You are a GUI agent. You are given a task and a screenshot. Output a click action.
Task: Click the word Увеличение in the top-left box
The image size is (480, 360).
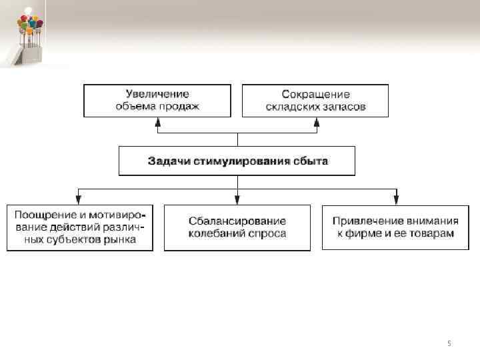[157, 94]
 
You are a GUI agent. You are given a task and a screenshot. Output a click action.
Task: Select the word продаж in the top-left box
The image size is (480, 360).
[180, 106]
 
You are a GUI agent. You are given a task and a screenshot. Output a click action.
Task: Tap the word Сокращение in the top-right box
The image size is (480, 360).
[315, 94]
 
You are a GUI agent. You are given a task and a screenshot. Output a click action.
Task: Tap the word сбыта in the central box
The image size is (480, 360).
[309, 161]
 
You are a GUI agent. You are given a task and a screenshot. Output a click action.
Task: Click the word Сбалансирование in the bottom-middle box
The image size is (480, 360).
[237, 221]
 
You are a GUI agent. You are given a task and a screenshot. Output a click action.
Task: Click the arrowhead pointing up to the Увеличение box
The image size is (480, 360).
[157, 121]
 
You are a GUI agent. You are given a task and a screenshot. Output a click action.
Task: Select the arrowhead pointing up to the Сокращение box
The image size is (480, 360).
[316, 121]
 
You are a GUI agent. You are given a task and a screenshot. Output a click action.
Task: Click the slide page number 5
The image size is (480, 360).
[449, 343]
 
